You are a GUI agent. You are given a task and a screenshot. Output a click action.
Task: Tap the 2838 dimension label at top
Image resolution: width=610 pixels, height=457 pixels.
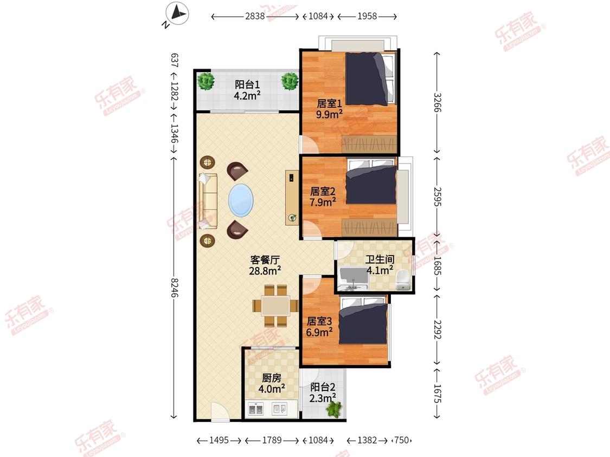pos(255,16)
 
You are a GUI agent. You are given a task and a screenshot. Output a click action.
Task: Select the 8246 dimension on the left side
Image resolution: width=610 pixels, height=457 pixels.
pos(174,288)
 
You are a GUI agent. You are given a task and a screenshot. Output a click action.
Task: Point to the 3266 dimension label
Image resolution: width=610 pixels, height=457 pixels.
pos(437,102)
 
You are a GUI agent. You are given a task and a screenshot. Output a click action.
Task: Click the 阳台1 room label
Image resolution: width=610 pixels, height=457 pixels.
pos(247,84)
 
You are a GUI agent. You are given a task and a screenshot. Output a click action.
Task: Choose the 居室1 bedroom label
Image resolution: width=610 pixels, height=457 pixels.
pos(329,103)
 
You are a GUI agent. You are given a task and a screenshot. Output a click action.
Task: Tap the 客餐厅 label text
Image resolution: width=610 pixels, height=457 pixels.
pos(265,259)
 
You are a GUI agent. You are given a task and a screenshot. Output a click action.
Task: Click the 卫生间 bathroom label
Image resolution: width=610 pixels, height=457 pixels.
pos(380,259)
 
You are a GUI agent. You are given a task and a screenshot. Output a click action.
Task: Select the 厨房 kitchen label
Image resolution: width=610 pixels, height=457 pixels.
pos(271,378)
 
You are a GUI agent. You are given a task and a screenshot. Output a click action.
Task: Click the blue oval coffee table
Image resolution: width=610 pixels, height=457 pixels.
pos(241,200)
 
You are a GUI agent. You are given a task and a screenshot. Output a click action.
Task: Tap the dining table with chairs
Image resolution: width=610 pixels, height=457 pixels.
pos(275,306)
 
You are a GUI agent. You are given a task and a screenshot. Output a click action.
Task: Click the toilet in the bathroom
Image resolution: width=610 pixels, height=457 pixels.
pos(402,280)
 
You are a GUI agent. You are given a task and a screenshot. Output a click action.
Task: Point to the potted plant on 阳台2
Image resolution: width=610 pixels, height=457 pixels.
pos(334,409)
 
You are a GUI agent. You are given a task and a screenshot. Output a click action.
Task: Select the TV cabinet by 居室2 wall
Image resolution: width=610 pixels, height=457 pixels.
pos(291,198)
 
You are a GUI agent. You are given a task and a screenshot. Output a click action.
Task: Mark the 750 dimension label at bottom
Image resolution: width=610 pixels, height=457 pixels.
pos(401,440)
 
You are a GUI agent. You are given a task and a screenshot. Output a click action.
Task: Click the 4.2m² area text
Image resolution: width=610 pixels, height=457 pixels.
pos(247,95)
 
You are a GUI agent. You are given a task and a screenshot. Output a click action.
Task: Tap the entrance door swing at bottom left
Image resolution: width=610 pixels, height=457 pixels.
pos(220,411)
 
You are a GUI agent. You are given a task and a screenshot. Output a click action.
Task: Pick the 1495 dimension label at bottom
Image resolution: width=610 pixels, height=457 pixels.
pos(219,440)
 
